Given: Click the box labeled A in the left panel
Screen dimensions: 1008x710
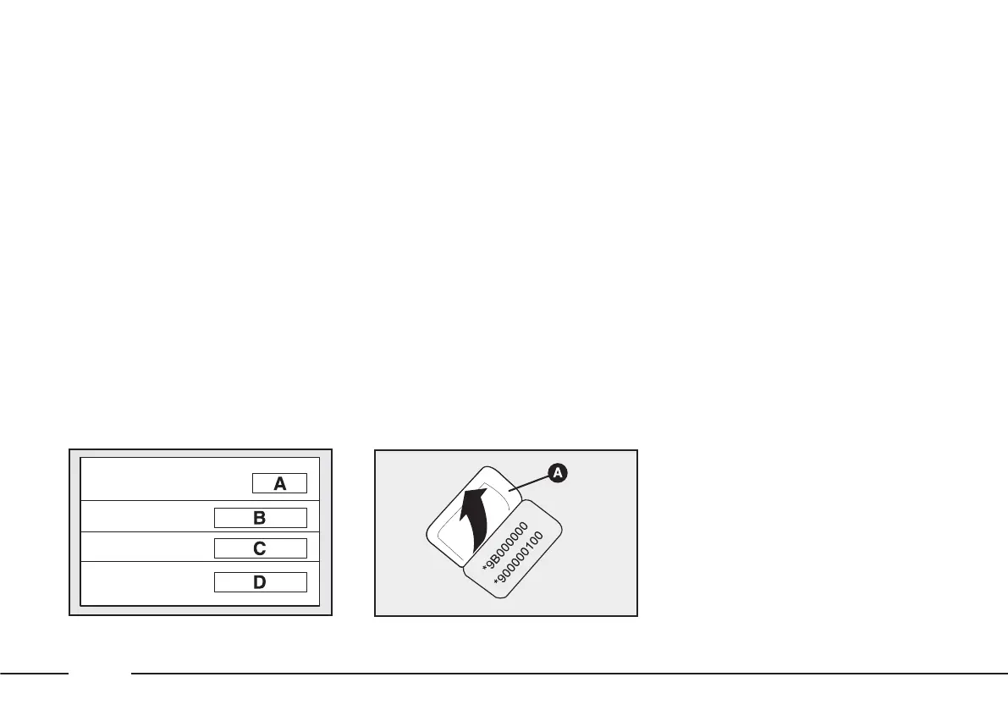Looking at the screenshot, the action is (x=278, y=484).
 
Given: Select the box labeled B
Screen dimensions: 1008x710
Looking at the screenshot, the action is (x=260, y=518).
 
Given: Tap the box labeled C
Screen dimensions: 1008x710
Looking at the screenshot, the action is (x=260, y=548).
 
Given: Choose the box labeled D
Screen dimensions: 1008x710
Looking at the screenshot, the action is (x=260, y=582).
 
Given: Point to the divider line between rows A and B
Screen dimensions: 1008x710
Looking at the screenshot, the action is (x=199, y=501).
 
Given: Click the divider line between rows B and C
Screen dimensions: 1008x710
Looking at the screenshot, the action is (x=199, y=532).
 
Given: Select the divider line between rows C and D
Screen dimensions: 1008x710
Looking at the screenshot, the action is (x=199, y=561).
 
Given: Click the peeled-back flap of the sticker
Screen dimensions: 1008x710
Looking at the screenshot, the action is (x=449, y=516).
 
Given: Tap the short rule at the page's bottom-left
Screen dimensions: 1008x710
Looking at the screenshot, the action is (x=34, y=674).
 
